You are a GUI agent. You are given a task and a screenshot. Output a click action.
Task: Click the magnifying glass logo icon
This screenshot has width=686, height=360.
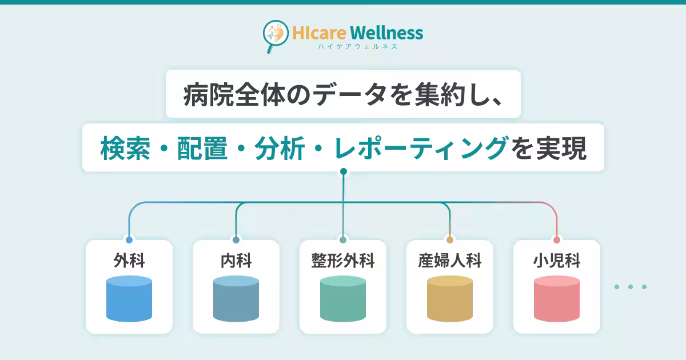click(x=275, y=36)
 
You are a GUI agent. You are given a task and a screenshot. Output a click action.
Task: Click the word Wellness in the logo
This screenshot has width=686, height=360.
click(x=386, y=33)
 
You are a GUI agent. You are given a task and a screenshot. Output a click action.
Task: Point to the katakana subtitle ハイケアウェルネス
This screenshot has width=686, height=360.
click(x=358, y=46)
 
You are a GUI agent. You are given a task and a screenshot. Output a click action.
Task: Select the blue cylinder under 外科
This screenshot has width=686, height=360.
click(x=129, y=298)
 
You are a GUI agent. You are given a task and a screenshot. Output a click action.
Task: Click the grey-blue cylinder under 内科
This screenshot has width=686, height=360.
click(x=236, y=298)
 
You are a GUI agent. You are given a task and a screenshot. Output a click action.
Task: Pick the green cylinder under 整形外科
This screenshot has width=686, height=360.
click(x=342, y=298)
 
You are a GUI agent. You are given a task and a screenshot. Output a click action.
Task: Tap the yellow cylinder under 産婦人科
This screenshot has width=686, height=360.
click(x=449, y=298)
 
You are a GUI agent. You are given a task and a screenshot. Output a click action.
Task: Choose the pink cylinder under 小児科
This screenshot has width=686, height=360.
click(x=556, y=298)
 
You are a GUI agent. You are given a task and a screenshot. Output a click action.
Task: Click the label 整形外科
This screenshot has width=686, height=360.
click(x=342, y=261)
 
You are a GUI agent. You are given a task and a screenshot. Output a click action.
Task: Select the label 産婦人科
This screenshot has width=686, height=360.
click(x=449, y=261)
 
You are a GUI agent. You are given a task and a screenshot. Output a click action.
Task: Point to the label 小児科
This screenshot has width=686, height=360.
click(x=556, y=261)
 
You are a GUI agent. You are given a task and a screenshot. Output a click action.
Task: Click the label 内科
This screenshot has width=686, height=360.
click(x=236, y=261)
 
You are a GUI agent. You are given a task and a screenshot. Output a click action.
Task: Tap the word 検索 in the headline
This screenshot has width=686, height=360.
click(x=125, y=148)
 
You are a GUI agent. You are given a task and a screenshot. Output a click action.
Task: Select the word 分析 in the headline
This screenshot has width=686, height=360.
click(x=280, y=148)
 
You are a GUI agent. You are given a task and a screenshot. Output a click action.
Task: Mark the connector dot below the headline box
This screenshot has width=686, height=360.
click(x=344, y=171)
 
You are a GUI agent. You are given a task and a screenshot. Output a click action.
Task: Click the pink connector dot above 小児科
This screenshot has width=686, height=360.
click(x=557, y=240)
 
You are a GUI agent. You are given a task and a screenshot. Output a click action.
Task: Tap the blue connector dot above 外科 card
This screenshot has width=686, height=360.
click(x=129, y=240)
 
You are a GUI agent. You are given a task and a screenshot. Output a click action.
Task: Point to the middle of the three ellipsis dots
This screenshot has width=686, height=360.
click(x=630, y=287)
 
